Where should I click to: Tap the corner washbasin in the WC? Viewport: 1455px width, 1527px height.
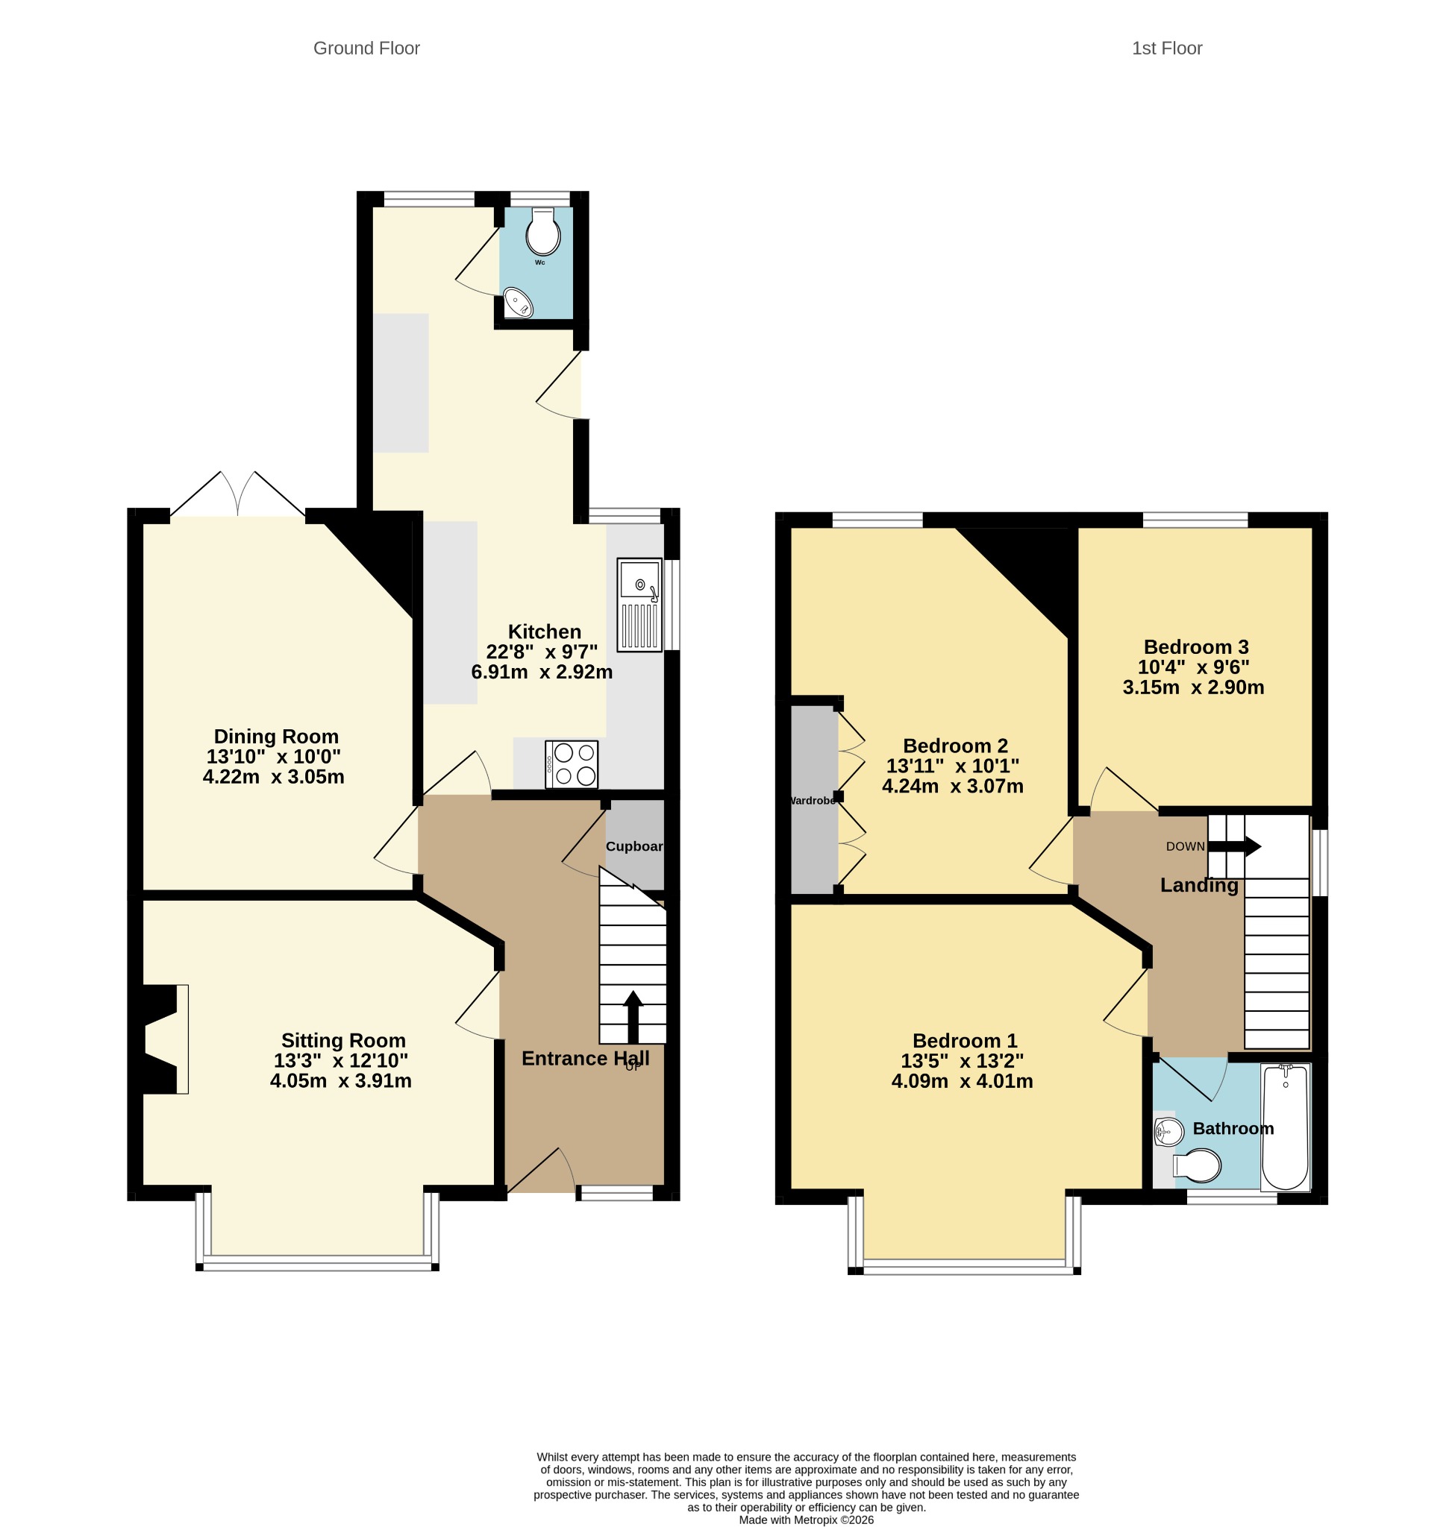coord(517,302)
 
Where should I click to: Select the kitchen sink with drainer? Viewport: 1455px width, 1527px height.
coord(640,605)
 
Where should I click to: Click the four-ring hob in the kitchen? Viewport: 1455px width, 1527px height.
coord(572,764)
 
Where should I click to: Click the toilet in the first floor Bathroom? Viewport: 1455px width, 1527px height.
coord(1197,1165)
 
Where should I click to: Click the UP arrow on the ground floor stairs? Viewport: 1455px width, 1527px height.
coord(633,1016)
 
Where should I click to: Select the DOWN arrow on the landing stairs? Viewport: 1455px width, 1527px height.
coord(1235,846)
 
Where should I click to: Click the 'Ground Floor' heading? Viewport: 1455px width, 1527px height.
coord(367,48)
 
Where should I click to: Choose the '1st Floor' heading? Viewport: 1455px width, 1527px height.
coord(1166,48)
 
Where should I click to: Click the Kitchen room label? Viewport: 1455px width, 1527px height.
coord(545,632)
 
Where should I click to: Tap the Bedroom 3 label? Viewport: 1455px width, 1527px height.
coord(1196,646)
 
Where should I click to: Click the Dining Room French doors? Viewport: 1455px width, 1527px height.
coord(237,494)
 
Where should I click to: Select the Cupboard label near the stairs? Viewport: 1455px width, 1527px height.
coord(634,846)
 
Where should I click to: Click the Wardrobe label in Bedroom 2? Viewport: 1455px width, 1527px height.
coord(812,801)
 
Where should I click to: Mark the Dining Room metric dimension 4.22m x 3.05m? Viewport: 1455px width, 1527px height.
coord(274,777)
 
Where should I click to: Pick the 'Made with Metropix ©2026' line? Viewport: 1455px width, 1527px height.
coord(806,1520)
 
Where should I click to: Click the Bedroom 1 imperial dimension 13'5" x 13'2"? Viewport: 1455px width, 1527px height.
coord(962,1060)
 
